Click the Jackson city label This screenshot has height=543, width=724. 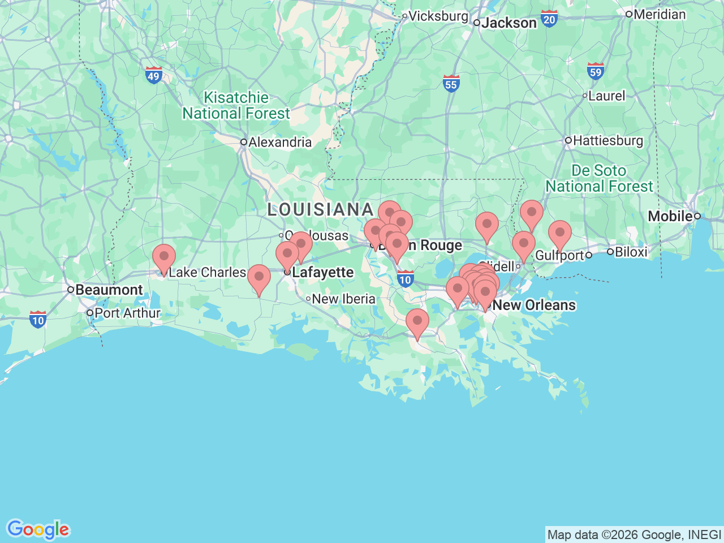pyautogui.click(x=508, y=23)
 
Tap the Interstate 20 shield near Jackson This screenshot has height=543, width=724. pyautogui.click(x=549, y=19)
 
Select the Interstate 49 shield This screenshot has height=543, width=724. pyautogui.click(x=154, y=75)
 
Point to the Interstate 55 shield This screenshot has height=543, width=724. pyautogui.click(x=451, y=84)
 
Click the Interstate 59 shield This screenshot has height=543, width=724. pyautogui.click(x=595, y=71)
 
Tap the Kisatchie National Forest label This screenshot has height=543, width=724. pyautogui.click(x=236, y=106)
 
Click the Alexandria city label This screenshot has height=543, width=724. pyautogui.click(x=280, y=142)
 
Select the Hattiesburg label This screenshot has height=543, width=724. pyautogui.click(x=608, y=140)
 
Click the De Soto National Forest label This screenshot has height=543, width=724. pyautogui.click(x=599, y=178)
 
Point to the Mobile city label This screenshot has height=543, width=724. pyautogui.click(x=670, y=216)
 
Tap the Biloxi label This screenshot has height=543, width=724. pyautogui.click(x=630, y=252)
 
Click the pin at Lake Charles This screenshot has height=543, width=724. pyautogui.click(x=164, y=258)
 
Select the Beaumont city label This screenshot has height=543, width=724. pyautogui.click(x=109, y=290)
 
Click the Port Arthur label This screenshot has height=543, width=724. pyautogui.click(x=127, y=313)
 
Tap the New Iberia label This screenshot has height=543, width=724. pyautogui.click(x=343, y=299)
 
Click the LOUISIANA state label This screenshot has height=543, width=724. pyautogui.click(x=320, y=210)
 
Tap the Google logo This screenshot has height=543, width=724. pyautogui.click(x=38, y=530)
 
